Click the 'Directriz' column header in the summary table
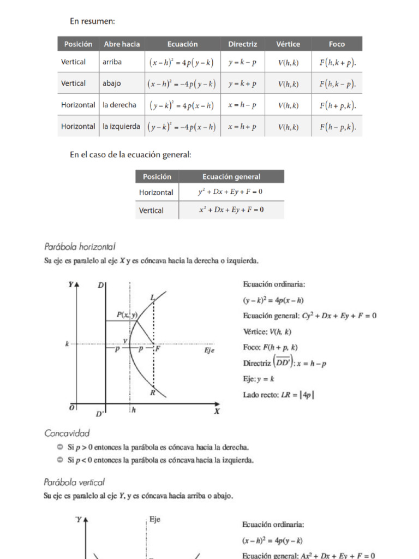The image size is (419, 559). pyautogui.click(x=242, y=44)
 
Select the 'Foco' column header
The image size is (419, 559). pyautogui.click(x=337, y=44)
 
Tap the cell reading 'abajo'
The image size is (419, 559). pyautogui.click(x=112, y=84)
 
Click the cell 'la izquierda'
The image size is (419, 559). pyautogui.click(x=121, y=126)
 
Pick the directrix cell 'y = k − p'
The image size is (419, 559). pyautogui.click(x=242, y=62)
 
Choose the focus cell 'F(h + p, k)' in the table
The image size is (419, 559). pyautogui.click(x=337, y=105)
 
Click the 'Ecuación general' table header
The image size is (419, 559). pyautogui.click(x=231, y=176)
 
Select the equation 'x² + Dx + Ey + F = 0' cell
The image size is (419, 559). pyautogui.click(x=231, y=210)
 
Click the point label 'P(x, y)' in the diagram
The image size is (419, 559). pyautogui.click(x=127, y=314)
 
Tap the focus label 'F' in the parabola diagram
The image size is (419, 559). pyautogui.click(x=158, y=348)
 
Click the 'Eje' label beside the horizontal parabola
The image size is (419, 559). pyautogui.click(x=209, y=350)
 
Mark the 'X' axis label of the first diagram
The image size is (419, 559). pyautogui.click(x=217, y=412)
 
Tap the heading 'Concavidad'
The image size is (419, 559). pyautogui.click(x=67, y=433)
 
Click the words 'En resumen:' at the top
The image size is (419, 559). pyautogui.click(x=92, y=21)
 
